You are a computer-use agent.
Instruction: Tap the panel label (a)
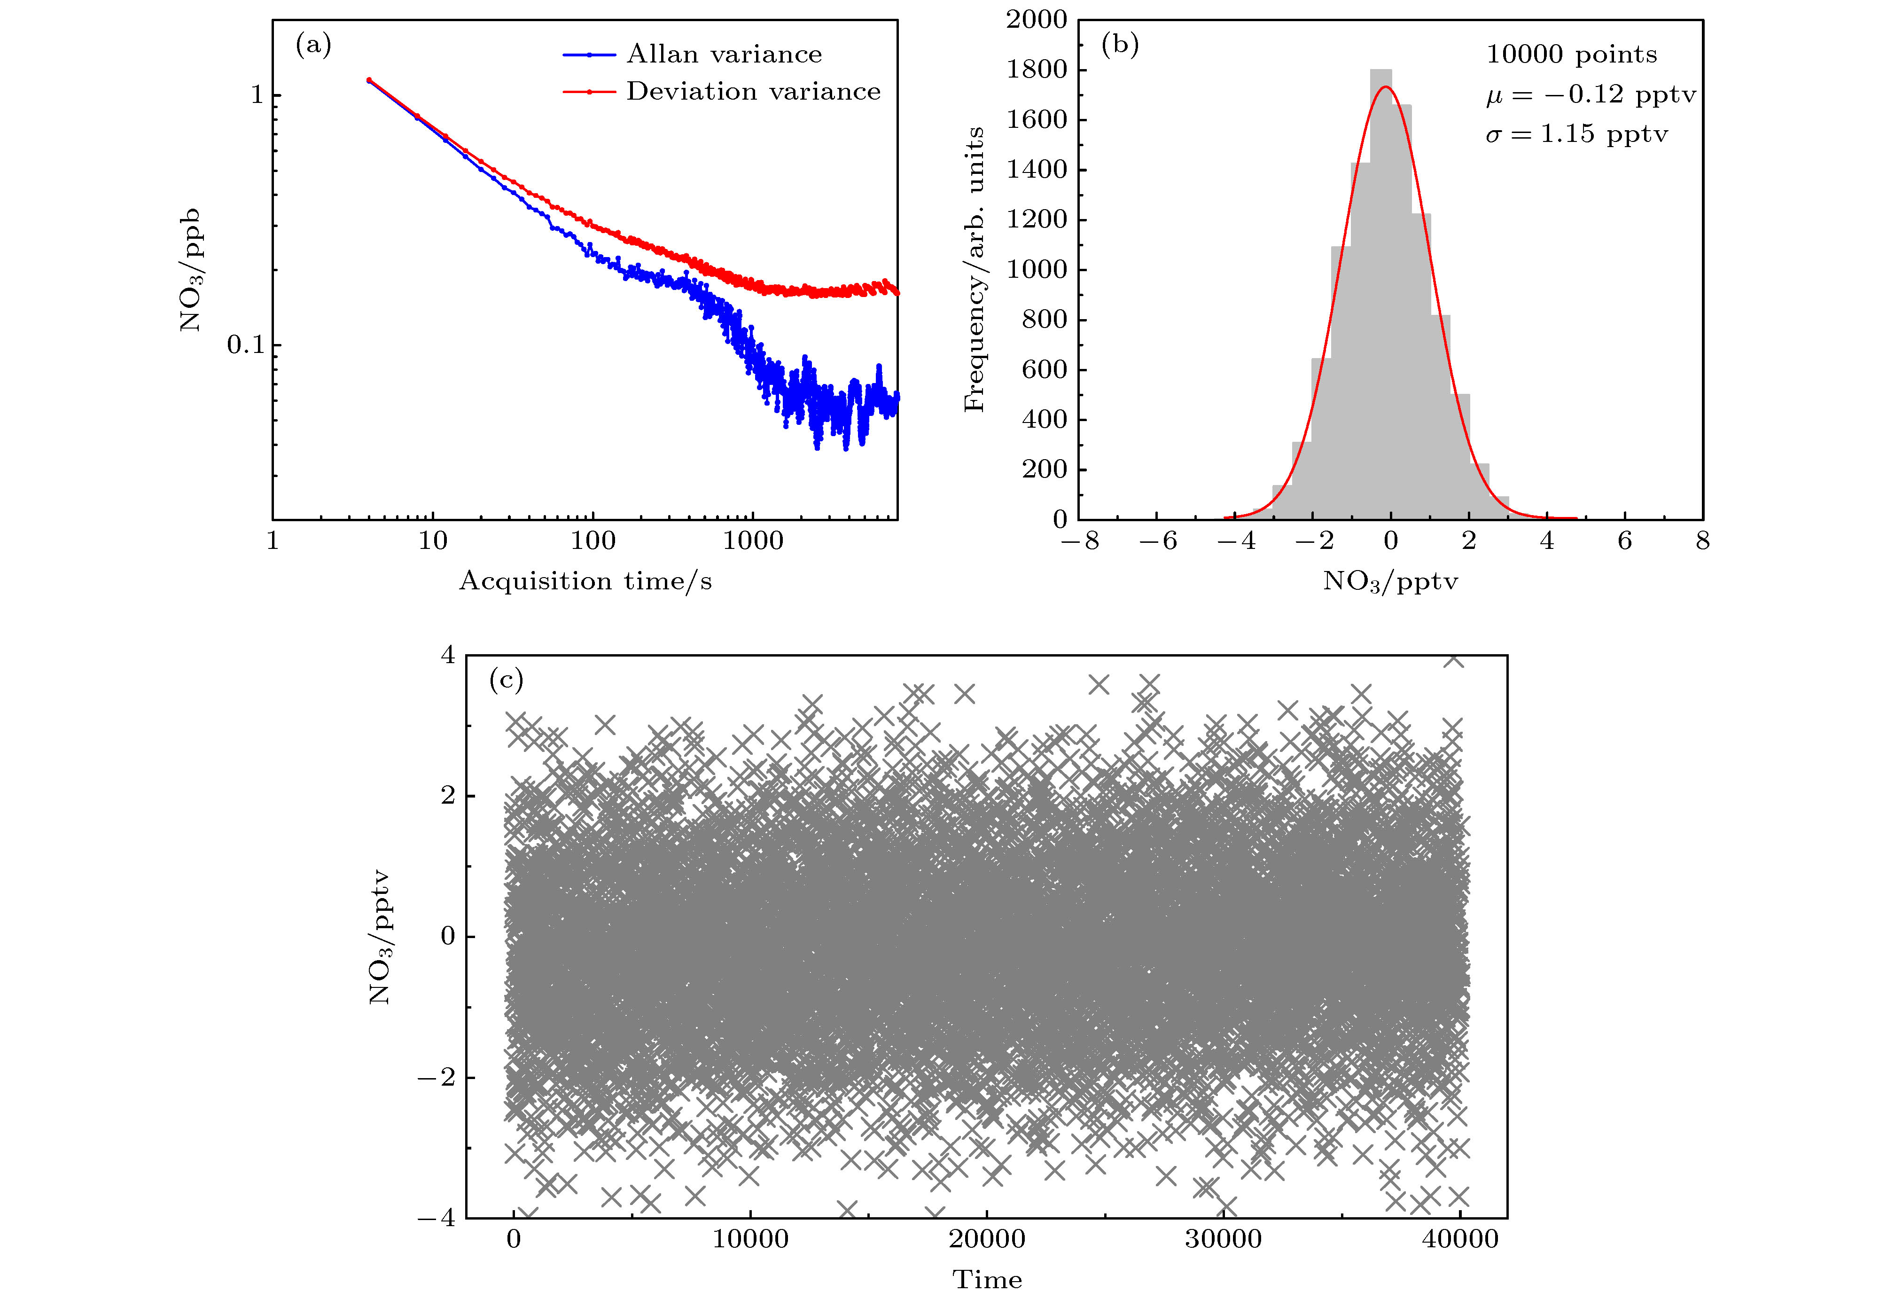point(313,45)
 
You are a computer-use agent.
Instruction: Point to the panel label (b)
point(1120,45)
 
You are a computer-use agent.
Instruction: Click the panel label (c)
point(505,680)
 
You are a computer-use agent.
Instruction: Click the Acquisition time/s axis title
point(585,581)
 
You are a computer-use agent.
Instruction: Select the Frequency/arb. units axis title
point(974,269)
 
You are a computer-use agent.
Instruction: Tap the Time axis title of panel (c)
point(987,1279)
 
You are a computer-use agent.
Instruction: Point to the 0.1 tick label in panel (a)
point(246,345)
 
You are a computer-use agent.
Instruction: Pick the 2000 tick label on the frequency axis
point(1036,20)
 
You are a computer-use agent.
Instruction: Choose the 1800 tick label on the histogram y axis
point(1036,70)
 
